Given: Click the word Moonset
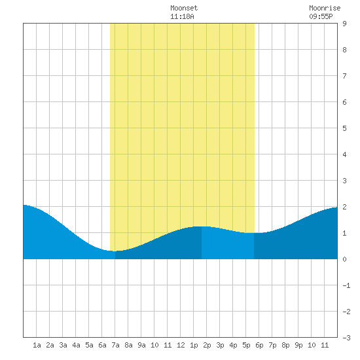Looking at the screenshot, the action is point(184,8).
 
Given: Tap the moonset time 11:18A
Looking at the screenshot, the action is point(183,16).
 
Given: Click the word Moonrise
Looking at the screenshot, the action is point(325,8).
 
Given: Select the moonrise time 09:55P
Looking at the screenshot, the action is point(321,16).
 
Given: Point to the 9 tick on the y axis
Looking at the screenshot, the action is point(344,24).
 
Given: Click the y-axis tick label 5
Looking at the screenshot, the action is point(344,128).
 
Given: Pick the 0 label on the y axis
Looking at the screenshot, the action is point(344,259).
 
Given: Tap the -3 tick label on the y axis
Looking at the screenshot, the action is point(346,338).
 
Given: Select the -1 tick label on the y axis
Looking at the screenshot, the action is point(346,285).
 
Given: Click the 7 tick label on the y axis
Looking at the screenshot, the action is point(344,76).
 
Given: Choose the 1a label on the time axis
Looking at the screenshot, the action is point(37,345).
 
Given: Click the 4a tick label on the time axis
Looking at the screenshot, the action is point(76,345).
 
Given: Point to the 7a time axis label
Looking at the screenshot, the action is point(115,345).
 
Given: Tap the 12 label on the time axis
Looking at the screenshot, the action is point(181,345).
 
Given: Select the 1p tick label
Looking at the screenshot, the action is point(194,346).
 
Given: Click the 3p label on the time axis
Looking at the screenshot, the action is point(220,346).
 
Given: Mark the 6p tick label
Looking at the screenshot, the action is point(259,346).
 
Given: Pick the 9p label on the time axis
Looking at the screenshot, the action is point(298,346).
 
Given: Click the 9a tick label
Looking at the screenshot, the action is point(141,345).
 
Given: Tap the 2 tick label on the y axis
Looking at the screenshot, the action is point(344,207).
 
